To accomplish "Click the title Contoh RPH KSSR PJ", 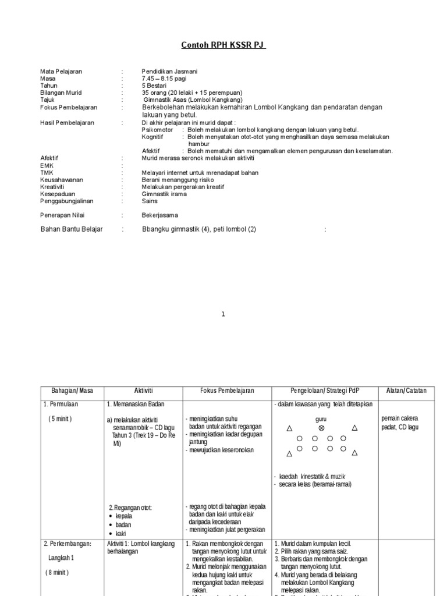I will tap(223, 45).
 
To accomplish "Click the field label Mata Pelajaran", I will tap(61, 72).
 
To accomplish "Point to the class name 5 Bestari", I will tap(154, 86).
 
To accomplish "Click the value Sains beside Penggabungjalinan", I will tap(150, 201).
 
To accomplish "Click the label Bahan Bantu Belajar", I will tap(72, 229).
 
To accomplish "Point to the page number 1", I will tap(223, 314).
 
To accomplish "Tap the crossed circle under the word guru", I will tap(321, 428).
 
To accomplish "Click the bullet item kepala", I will tap(124, 516).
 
